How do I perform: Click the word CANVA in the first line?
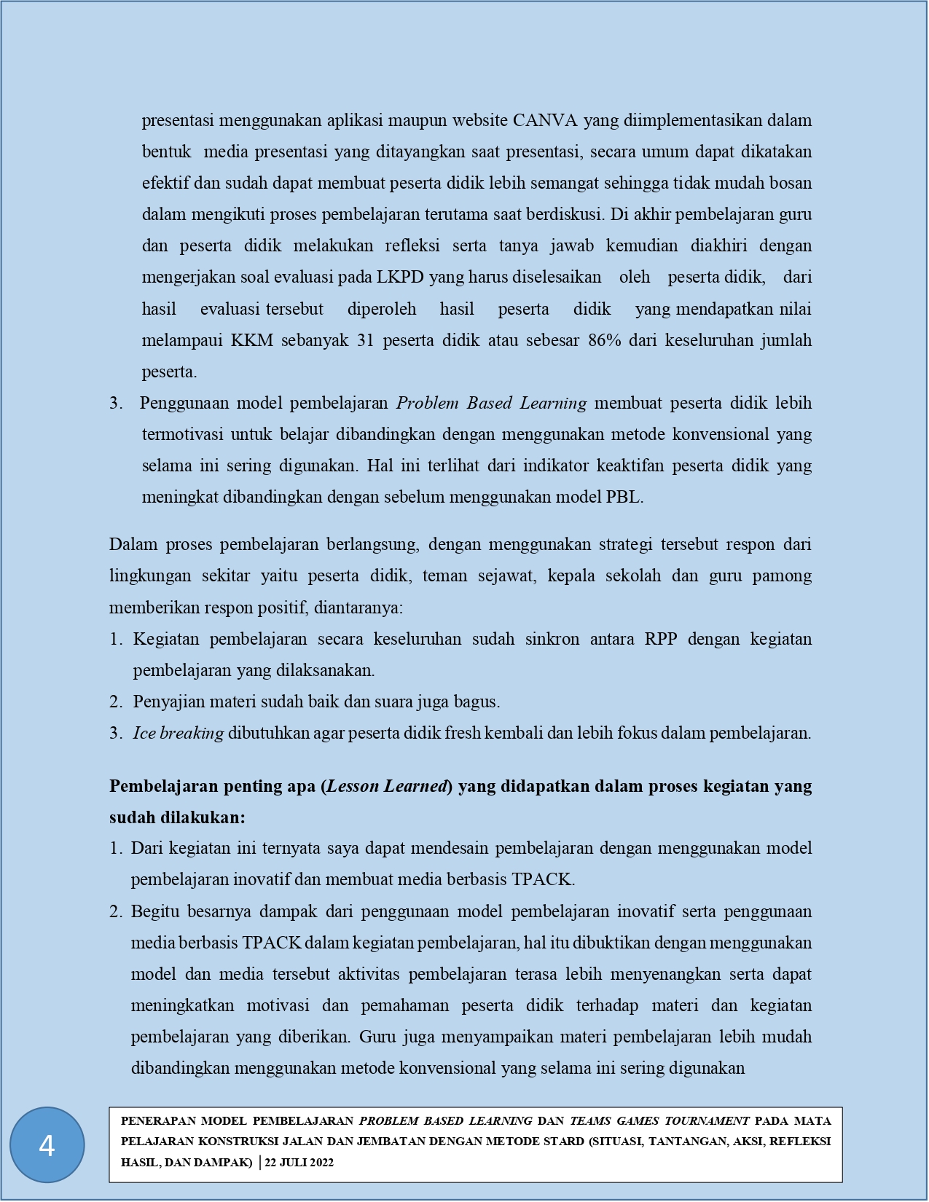(545, 120)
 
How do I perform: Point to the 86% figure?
(605, 340)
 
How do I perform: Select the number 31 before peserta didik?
(366, 340)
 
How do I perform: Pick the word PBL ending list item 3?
(624, 498)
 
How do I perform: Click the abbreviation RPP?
(661, 639)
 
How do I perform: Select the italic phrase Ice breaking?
(178, 733)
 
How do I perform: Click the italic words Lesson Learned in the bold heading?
(387, 786)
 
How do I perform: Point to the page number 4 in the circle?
(47, 1146)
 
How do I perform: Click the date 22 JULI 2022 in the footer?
(299, 1163)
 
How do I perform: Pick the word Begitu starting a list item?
(155, 911)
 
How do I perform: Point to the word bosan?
(790, 183)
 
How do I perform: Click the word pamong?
(782, 576)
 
